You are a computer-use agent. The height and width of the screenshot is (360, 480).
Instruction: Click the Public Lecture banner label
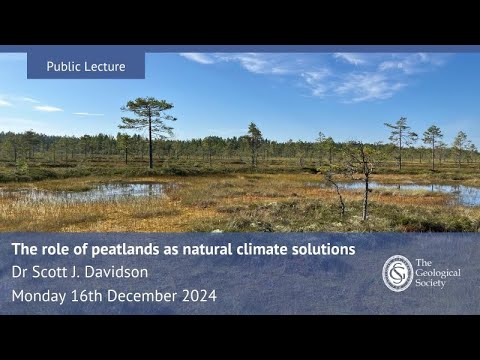(x=86, y=66)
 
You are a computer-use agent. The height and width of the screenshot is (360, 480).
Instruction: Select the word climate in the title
(x=258, y=249)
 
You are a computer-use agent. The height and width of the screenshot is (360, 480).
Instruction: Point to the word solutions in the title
(x=322, y=249)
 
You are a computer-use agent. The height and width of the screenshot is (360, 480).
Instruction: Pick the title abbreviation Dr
(x=20, y=272)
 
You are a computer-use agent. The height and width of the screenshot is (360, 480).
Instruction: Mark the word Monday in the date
(x=37, y=296)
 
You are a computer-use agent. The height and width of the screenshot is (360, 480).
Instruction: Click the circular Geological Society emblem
(x=397, y=272)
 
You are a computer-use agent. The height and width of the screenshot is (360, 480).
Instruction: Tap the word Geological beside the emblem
(x=440, y=271)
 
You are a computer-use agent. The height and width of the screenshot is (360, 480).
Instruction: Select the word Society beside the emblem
(x=437, y=283)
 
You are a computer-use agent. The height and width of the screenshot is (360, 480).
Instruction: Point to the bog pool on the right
(x=420, y=188)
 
